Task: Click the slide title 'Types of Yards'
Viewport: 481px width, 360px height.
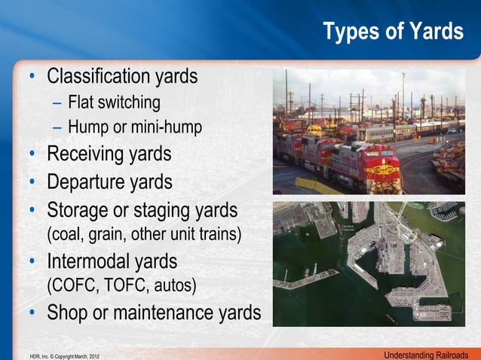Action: [x=393, y=32]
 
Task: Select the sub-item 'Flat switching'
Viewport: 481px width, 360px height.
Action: [x=114, y=102]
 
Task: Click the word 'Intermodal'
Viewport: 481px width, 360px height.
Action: [x=92, y=262]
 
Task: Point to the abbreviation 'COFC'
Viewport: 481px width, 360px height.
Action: [x=72, y=286]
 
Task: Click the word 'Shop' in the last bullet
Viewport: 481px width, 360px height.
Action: [x=67, y=313]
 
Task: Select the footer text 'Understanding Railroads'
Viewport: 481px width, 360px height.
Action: [x=426, y=354]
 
